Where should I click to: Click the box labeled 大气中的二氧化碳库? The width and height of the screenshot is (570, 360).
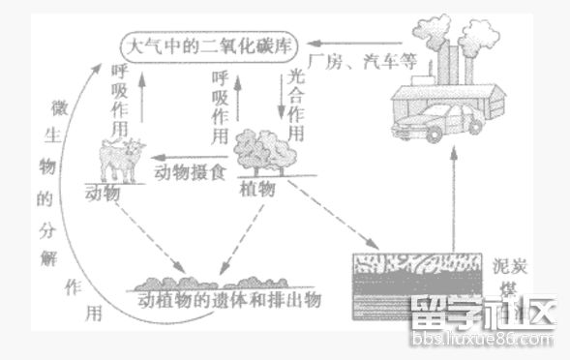[207, 45]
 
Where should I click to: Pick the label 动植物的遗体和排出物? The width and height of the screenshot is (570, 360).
[228, 299]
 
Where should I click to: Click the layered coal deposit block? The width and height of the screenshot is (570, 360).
[413, 279]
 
